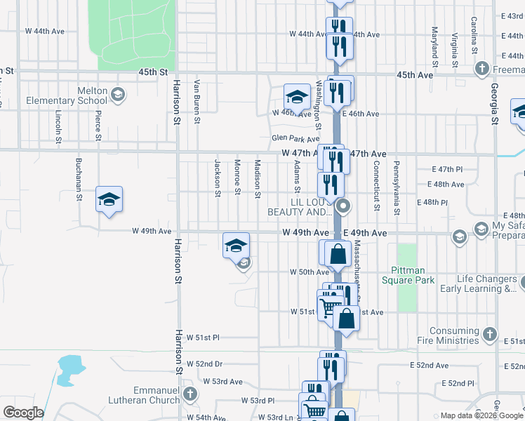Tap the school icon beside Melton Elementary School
(117, 94)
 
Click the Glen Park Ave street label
(295, 138)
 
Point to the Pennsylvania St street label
(396, 190)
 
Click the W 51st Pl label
(203, 338)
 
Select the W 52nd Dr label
(204, 364)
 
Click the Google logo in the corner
(22, 413)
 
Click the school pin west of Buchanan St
(109, 201)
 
